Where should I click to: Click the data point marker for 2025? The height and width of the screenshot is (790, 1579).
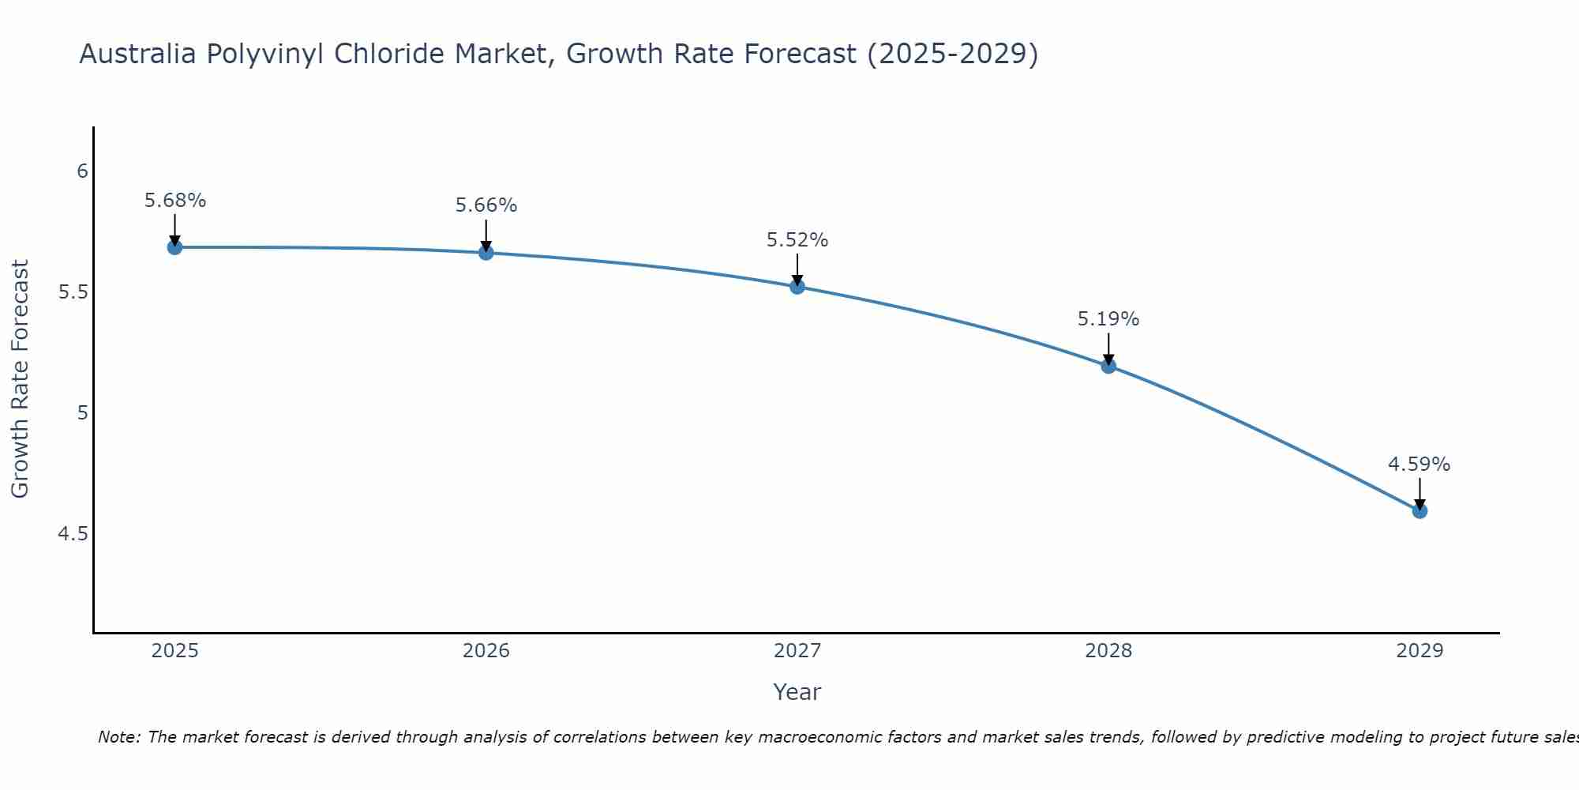click(x=174, y=247)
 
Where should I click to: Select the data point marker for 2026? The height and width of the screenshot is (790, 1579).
click(x=486, y=253)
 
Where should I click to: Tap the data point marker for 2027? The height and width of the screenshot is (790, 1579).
click(x=797, y=287)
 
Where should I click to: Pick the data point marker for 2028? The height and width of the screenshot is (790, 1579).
click(x=1108, y=366)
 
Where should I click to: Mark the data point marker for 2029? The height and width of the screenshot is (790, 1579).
click(x=1420, y=511)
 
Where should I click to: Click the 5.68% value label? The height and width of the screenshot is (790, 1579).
click(x=174, y=201)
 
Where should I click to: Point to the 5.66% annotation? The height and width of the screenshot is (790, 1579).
click(x=486, y=205)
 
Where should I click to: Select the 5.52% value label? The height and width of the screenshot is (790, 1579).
click(x=797, y=240)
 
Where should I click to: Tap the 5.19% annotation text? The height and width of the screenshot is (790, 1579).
click(x=1108, y=319)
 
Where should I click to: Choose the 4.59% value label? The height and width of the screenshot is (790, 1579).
click(x=1420, y=465)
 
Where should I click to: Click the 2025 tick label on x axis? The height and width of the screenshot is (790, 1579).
click(x=174, y=651)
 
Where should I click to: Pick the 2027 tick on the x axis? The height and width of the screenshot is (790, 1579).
click(x=797, y=651)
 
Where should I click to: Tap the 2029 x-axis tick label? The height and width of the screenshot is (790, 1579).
click(x=1420, y=651)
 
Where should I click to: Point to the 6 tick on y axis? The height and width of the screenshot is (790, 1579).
click(x=82, y=171)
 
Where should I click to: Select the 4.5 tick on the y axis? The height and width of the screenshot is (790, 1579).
click(x=73, y=534)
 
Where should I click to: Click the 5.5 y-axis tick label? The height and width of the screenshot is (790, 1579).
click(x=73, y=292)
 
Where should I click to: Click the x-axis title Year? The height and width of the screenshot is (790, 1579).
click(x=797, y=692)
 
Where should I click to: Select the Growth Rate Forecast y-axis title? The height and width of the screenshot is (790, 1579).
click(x=20, y=379)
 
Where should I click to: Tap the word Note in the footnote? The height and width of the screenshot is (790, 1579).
click(x=118, y=737)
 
